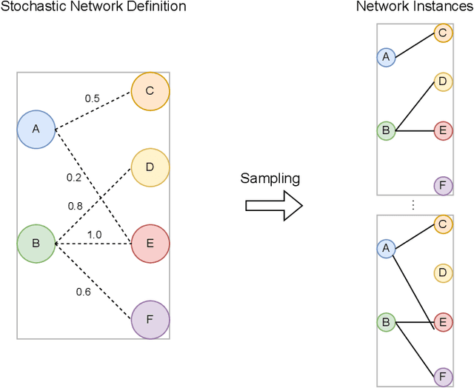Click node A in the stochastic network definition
(36, 129)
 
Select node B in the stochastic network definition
(36, 243)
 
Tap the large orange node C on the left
(150, 91)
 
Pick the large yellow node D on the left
(150, 167)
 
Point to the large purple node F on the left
(150, 320)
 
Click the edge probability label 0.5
(92, 98)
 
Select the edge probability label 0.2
(74, 177)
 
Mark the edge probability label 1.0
(94, 235)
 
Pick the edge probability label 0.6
(83, 291)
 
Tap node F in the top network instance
(442, 184)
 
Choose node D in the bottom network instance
(442, 273)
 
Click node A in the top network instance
(385, 56)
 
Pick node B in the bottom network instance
(385, 323)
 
